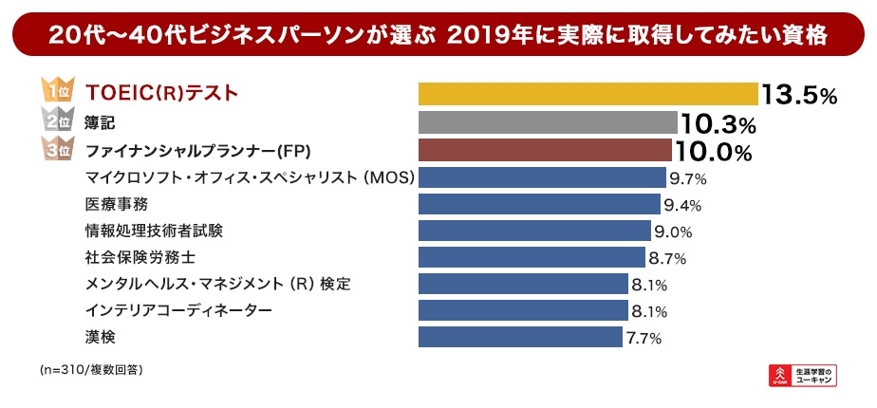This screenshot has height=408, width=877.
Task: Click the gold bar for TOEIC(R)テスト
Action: tap(588, 94)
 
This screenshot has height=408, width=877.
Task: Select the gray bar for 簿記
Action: tap(548, 122)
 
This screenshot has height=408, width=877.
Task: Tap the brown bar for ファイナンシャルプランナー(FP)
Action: tap(545, 151)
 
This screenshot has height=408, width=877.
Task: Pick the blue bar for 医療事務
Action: tap(539, 204)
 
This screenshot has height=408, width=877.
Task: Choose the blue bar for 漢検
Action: tap(520, 337)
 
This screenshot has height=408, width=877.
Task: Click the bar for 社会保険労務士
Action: tap(532, 257)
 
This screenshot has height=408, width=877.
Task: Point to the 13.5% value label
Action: tap(798, 95)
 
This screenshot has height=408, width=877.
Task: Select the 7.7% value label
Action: tap(643, 338)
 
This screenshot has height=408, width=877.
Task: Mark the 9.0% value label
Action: tap(672, 232)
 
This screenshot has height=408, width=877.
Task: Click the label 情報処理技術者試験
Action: tap(155, 231)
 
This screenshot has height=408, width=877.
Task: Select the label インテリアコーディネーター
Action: tap(178, 310)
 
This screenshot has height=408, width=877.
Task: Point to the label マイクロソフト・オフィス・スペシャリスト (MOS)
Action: tap(250, 177)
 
